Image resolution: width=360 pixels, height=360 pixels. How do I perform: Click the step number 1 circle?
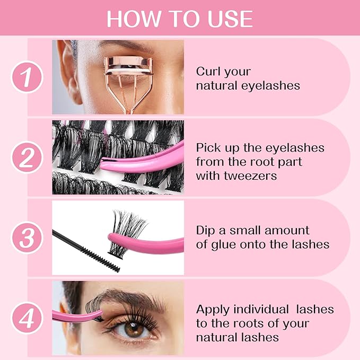[27, 77]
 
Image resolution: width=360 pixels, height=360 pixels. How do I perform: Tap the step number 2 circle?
[27, 157]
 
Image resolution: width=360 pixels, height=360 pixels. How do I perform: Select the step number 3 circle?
[27, 237]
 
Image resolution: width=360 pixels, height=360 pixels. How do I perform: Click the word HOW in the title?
[128, 19]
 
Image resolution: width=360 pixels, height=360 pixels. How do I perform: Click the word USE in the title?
[230, 19]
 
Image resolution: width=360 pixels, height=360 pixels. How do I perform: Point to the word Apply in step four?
[214, 309]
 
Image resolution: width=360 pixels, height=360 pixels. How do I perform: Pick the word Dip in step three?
[205, 231]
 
